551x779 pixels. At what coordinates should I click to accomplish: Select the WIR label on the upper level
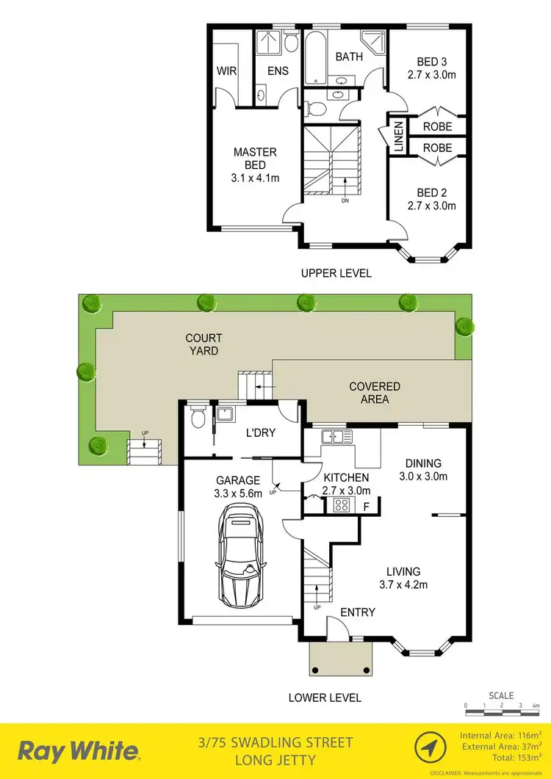click(x=226, y=71)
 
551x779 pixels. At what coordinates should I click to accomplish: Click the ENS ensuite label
click(x=278, y=71)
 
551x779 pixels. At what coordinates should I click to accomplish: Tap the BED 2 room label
click(x=432, y=193)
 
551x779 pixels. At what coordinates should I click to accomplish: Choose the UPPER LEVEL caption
click(x=336, y=273)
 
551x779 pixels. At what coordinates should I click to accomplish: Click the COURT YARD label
click(x=204, y=344)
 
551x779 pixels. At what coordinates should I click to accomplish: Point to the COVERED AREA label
click(x=375, y=393)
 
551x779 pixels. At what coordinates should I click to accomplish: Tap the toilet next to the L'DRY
click(x=197, y=418)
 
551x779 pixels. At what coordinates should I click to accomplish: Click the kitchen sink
click(x=337, y=437)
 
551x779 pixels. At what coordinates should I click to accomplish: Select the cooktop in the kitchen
click(x=342, y=504)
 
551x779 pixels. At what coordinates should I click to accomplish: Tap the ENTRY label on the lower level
click(x=358, y=612)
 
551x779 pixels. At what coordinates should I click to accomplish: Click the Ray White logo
click(x=79, y=751)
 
